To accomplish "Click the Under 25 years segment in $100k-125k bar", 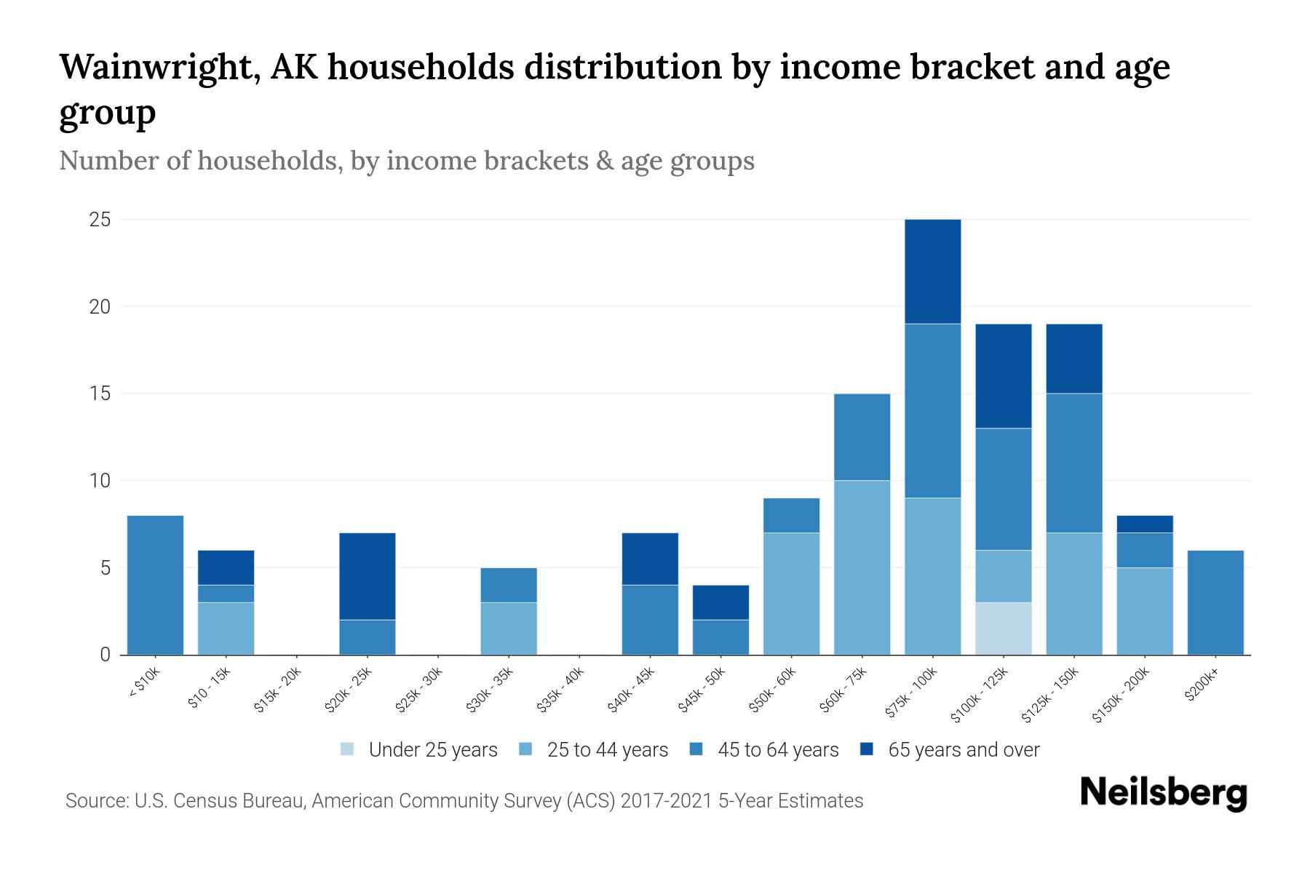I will pyautogui.click(x=1003, y=629).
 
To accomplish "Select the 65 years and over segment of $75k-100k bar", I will pyautogui.click(x=932, y=271).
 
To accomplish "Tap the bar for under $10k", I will pyautogui.click(x=155, y=585).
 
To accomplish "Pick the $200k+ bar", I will pyautogui.click(x=1215, y=602).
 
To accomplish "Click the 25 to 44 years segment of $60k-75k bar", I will pyautogui.click(x=862, y=567).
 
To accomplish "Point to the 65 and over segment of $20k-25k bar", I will pyautogui.click(x=367, y=576).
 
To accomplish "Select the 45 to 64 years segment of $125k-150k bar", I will pyautogui.click(x=1073, y=463).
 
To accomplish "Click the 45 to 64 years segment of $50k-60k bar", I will pyautogui.click(x=791, y=515).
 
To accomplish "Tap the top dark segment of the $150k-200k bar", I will pyautogui.click(x=1144, y=524).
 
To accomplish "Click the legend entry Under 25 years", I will pyautogui.click(x=432, y=750).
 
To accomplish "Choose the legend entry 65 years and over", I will pyautogui.click(x=963, y=750).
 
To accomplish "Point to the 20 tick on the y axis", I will pyautogui.click(x=100, y=306).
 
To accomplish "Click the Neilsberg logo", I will pyautogui.click(x=1163, y=793).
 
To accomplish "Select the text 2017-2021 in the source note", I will pyautogui.click(x=666, y=801).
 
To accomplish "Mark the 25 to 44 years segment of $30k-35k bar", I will pyautogui.click(x=508, y=629).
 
